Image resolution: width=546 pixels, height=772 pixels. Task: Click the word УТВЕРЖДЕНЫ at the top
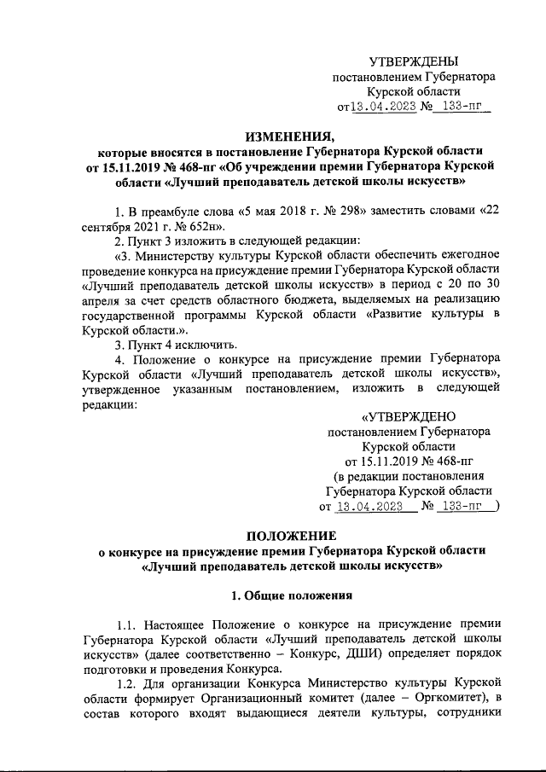pos(413,61)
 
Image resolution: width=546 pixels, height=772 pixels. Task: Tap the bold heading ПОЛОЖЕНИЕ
pos(291,535)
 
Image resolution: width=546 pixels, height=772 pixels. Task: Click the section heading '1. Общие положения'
pos(291,593)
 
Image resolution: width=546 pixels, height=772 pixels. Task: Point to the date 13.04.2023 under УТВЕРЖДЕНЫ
pos(384,107)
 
